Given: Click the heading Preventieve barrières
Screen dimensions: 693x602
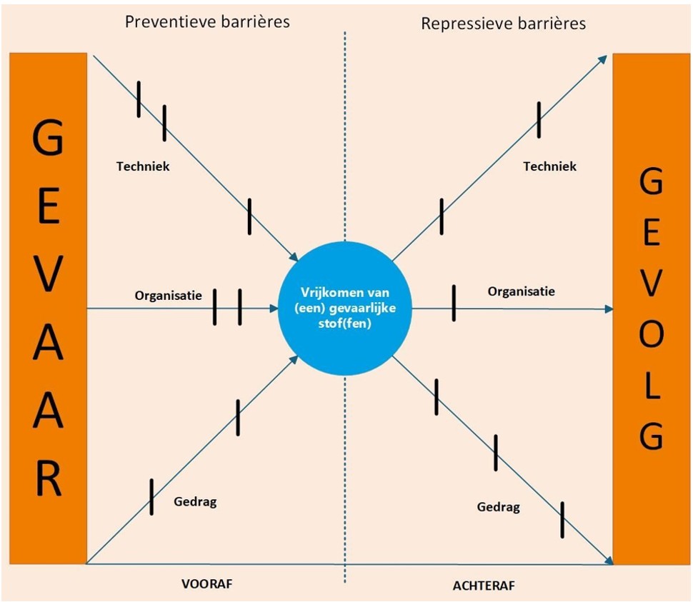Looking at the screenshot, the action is coord(207,21).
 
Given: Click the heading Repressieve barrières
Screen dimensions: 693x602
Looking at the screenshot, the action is coord(504,24).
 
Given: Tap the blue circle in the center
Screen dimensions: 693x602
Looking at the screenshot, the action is coord(345,308).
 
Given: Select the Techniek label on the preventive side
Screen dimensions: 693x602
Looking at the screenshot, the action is coord(143,166).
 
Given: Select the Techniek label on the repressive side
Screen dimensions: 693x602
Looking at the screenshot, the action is coord(550,166).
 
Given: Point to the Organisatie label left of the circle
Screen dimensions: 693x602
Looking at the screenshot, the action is coord(169,296).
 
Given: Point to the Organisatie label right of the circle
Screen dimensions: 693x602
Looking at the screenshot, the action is coord(522,291).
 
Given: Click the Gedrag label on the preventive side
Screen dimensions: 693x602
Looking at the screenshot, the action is coord(195,502).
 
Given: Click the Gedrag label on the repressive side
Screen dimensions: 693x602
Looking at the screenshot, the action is coord(498,507).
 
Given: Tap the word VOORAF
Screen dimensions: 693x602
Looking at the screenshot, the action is coord(207,584).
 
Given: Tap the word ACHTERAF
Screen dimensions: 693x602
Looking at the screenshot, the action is coord(484,586).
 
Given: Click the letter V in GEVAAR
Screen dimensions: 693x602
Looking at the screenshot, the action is coord(48,274).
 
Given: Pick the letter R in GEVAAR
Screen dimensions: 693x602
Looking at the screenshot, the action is coord(48,478).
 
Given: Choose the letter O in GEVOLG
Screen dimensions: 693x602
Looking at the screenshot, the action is coord(652,334).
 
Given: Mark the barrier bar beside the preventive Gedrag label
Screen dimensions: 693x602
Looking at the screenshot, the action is coord(151,497).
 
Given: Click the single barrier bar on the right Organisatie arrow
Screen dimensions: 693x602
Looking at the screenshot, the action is coord(454,303).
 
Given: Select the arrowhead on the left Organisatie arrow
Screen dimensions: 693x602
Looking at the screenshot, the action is coord(274,308).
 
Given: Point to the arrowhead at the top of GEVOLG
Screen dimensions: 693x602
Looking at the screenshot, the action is coord(603,60).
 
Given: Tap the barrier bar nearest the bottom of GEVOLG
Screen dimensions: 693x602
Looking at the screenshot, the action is coord(562,520).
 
